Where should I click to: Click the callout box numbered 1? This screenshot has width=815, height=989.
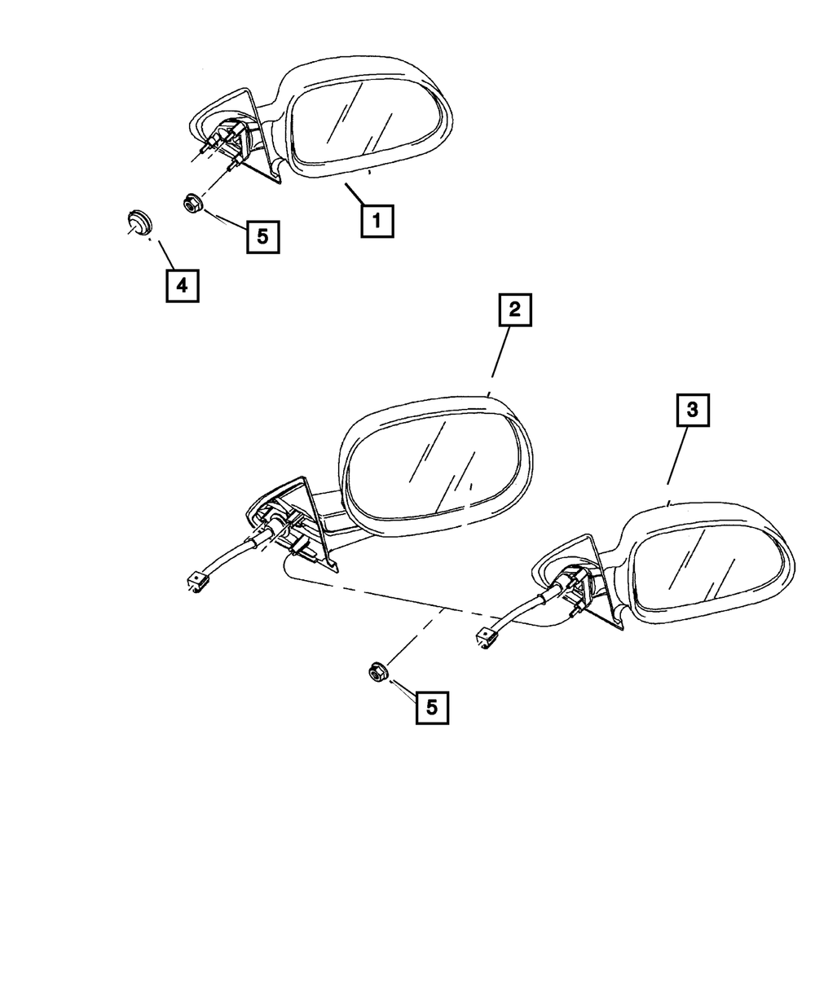tap(377, 221)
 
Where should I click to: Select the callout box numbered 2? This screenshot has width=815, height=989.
tap(514, 310)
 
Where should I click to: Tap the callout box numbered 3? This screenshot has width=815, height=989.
tap(692, 411)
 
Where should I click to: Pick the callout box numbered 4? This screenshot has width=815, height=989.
tap(182, 286)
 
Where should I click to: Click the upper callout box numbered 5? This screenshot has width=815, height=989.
tap(262, 236)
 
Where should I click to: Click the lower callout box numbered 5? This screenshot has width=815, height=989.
tap(431, 707)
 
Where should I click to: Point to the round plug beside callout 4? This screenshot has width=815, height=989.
tap(139, 221)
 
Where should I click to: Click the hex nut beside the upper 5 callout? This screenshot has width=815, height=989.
tap(192, 203)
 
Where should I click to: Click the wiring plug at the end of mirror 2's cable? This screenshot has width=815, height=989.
tap(196, 580)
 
